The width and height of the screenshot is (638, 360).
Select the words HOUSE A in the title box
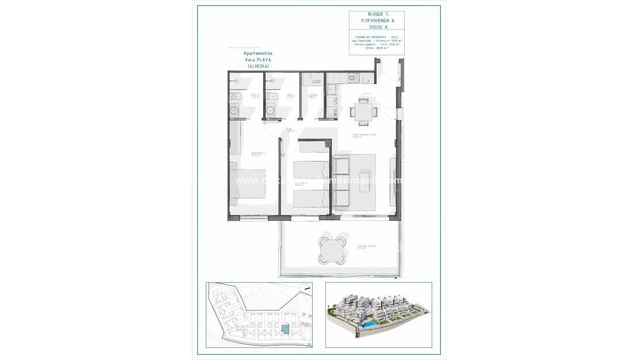tap(376, 26)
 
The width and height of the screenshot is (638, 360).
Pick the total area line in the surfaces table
tap(376, 48)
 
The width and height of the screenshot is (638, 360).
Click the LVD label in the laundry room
tap(313, 82)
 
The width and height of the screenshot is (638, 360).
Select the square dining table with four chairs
tap(362, 111)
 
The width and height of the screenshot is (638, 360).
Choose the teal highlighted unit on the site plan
tap(286, 329)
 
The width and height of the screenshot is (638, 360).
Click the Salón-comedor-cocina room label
tap(364, 136)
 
